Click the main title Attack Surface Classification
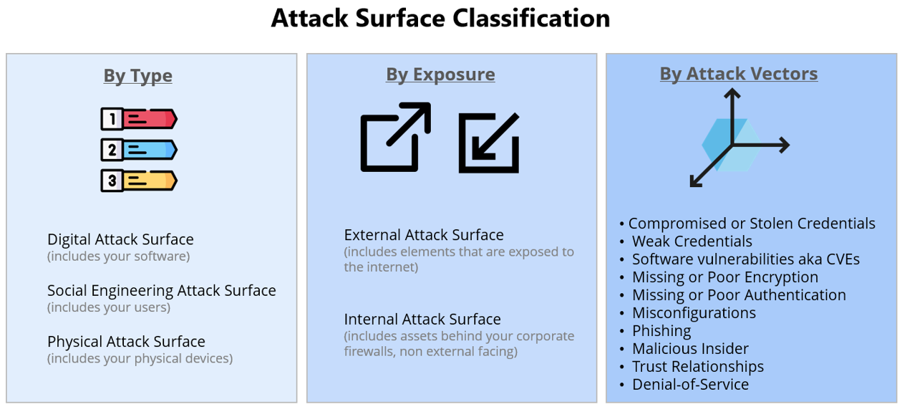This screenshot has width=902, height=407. (440, 18)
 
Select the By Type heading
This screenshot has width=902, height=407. (137, 75)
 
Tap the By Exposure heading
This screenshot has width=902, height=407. (440, 75)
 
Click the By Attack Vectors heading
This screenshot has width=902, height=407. (738, 74)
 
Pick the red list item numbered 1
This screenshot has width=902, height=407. (138, 119)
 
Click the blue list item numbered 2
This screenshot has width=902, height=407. (138, 150)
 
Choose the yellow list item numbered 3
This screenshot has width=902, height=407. (138, 181)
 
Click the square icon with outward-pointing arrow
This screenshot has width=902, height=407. (394, 137)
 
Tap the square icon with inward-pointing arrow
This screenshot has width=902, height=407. (489, 143)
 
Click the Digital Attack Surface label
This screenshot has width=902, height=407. (120, 239)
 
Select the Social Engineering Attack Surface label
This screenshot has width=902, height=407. (161, 290)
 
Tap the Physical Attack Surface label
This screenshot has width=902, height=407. (126, 342)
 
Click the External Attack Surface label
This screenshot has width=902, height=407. (424, 235)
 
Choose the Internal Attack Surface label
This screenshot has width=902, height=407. (422, 320)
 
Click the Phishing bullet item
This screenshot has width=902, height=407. (661, 331)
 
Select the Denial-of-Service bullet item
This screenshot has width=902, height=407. (690, 385)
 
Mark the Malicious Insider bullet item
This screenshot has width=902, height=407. (690, 349)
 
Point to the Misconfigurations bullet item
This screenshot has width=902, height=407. (693, 313)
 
